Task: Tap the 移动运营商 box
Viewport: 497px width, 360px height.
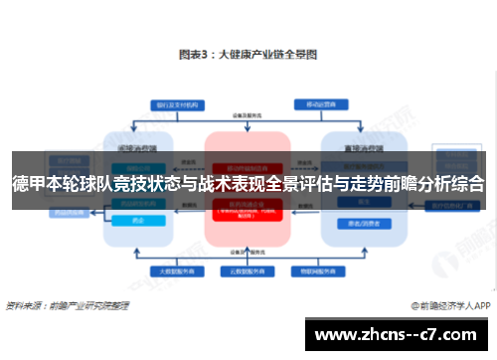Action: pyautogui.click(x=321, y=102)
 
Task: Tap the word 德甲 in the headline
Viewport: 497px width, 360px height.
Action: pyautogui.click(x=27, y=183)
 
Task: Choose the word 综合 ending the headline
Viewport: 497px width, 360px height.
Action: pyautogui.click(x=468, y=183)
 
